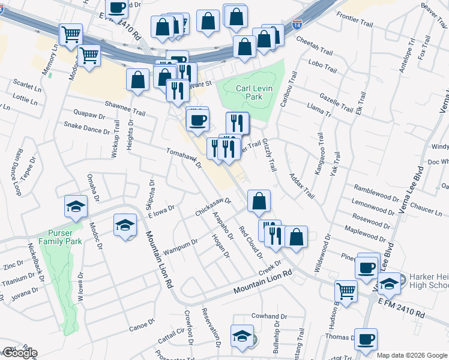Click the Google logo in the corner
[x=19, y=353]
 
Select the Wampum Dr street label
[x=181, y=246]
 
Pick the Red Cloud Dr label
[x=251, y=242]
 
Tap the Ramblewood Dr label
[x=376, y=193]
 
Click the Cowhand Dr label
[x=266, y=316]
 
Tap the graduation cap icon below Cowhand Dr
[x=242, y=335]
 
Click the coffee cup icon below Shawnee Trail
[x=197, y=120]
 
